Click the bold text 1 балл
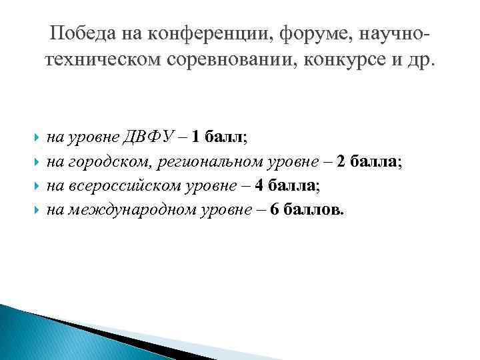click(219, 139)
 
